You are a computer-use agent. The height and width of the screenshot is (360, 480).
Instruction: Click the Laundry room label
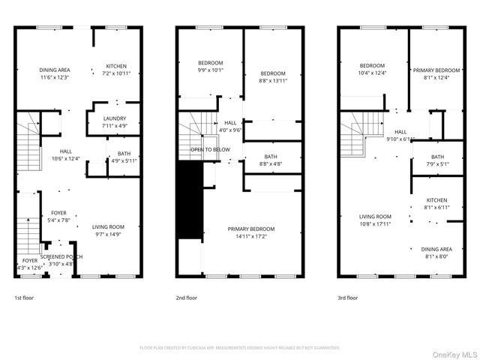[x=114, y=118]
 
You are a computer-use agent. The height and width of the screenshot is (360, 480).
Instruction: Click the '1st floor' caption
[x=23, y=298]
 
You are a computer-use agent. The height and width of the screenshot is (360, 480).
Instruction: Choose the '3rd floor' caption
[x=347, y=298]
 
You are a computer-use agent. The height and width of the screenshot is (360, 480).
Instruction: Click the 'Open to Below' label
[x=209, y=149]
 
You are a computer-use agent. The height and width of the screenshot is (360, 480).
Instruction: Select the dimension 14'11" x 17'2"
[x=250, y=236]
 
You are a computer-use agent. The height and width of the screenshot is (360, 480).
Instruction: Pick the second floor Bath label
[x=271, y=156]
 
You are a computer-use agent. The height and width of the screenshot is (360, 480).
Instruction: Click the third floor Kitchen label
[x=436, y=200]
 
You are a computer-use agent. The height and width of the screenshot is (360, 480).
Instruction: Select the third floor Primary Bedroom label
[x=436, y=70]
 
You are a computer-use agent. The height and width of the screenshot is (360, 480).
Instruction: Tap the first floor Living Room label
[x=108, y=226]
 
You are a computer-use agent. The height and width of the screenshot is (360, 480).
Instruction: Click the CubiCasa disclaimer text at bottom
[x=240, y=348]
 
